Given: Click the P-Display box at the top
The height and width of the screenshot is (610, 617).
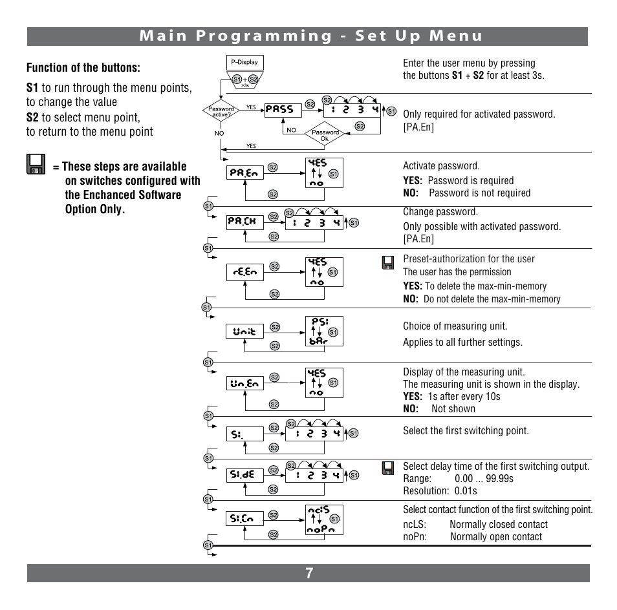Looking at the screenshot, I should pos(244,63).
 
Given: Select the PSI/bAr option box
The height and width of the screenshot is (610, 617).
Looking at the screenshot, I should pos(324,331).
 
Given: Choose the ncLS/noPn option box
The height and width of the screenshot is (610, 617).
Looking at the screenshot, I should pos(324,520).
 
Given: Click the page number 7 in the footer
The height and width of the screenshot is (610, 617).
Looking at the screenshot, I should pos(309,573).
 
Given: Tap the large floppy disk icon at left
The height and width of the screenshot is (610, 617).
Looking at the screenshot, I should pos(36,164).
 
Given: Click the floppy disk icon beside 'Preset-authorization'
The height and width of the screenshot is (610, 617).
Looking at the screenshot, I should pos(388,262).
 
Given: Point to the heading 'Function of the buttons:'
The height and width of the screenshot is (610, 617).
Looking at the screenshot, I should pos(83,68).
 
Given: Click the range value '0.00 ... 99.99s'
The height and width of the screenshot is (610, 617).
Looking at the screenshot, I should pos(484,479).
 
